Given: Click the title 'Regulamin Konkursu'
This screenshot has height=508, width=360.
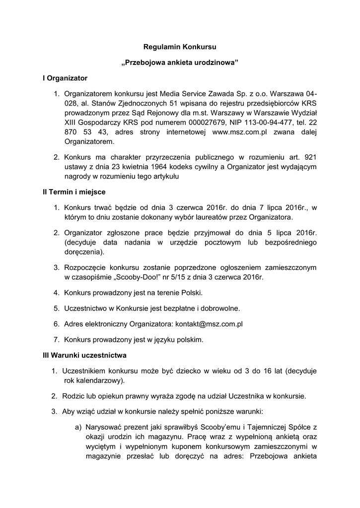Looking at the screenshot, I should tap(180, 48).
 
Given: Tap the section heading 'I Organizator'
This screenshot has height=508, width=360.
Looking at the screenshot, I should tap(65, 78).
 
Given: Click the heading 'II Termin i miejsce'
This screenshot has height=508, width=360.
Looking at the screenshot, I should tap(74, 191).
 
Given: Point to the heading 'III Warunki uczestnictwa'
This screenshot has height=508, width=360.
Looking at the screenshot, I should tap(84, 355).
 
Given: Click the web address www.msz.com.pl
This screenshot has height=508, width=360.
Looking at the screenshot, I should tap(240, 131).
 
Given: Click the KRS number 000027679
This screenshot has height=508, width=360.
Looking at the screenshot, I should tap(208, 122).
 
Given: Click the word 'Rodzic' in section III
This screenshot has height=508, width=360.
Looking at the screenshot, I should tap(73, 396).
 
